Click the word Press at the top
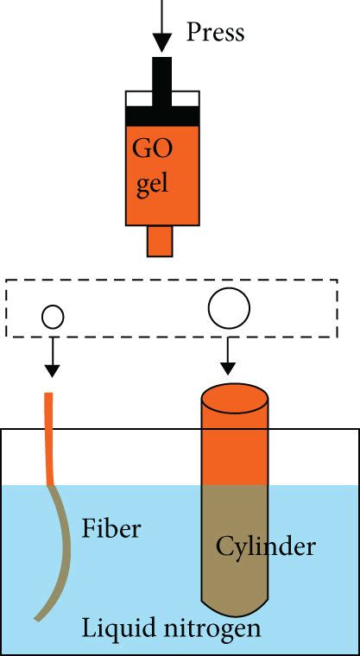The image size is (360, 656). (216, 33)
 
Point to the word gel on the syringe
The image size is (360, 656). (152, 185)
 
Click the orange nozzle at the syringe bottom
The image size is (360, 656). (161, 241)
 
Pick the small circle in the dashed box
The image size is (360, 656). (53, 318)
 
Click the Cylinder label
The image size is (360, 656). (255, 546)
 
